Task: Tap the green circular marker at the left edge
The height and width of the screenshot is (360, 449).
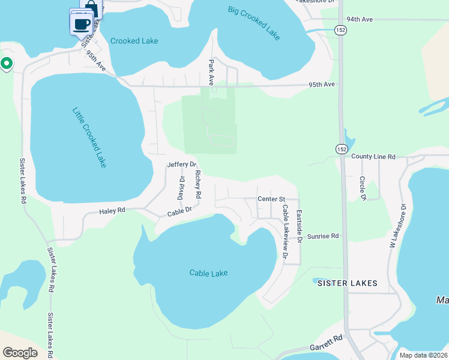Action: pos(7,62)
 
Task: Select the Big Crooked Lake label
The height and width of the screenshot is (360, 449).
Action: pos(255,23)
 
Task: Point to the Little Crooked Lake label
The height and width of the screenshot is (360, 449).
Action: pos(89,137)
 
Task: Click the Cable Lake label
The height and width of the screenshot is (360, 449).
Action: pos(209,273)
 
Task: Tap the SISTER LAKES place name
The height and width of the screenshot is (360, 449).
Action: pos(347,283)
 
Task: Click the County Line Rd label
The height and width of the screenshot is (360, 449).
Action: pos(373,157)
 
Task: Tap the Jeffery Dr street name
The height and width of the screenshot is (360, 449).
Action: pos(182,164)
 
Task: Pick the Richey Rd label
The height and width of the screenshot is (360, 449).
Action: pos(197,185)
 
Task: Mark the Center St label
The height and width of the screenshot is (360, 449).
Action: pos(270,199)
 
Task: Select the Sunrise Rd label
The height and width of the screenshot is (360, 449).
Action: pos(323,236)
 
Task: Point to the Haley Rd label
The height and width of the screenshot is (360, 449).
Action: pos(112,211)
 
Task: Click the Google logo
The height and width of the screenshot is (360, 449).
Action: pos(20,353)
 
